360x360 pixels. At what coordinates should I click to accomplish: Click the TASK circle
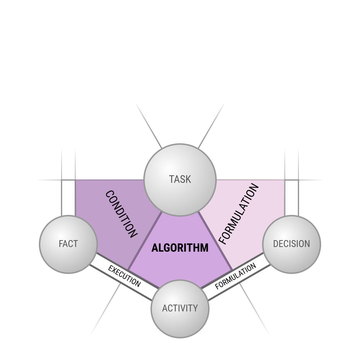[x=180, y=180]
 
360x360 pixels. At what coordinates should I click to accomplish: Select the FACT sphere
[x=68, y=244]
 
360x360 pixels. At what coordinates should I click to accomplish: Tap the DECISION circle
[x=292, y=244]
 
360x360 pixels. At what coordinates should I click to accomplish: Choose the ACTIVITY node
[x=180, y=309]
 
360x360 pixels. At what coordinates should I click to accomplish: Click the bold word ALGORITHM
[x=180, y=248]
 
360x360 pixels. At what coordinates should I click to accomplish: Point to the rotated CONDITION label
[x=121, y=214]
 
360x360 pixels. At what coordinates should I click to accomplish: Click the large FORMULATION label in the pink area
[x=239, y=214]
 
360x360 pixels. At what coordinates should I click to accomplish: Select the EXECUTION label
[x=124, y=276]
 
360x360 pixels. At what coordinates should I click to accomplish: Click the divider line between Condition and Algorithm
[x=145, y=241]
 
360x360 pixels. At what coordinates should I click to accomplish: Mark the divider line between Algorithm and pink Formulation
[x=215, y=241]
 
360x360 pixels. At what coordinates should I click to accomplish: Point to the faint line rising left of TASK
[x=149, y=125]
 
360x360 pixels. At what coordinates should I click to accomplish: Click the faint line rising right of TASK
[x=211, y=125]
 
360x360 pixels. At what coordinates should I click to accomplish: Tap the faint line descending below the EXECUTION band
[x=105, y=309]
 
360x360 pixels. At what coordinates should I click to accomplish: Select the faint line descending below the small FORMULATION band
[x=255, y=309]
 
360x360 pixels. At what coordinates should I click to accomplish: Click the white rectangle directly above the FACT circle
[x=68, y=198]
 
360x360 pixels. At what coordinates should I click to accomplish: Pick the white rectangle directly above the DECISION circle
[x=292, y=198]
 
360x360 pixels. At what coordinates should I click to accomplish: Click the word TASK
[x=180, y=179]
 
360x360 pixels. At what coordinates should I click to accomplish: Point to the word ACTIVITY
[x=180, y=308]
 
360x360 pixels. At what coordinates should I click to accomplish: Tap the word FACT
[x=68, y=244]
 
